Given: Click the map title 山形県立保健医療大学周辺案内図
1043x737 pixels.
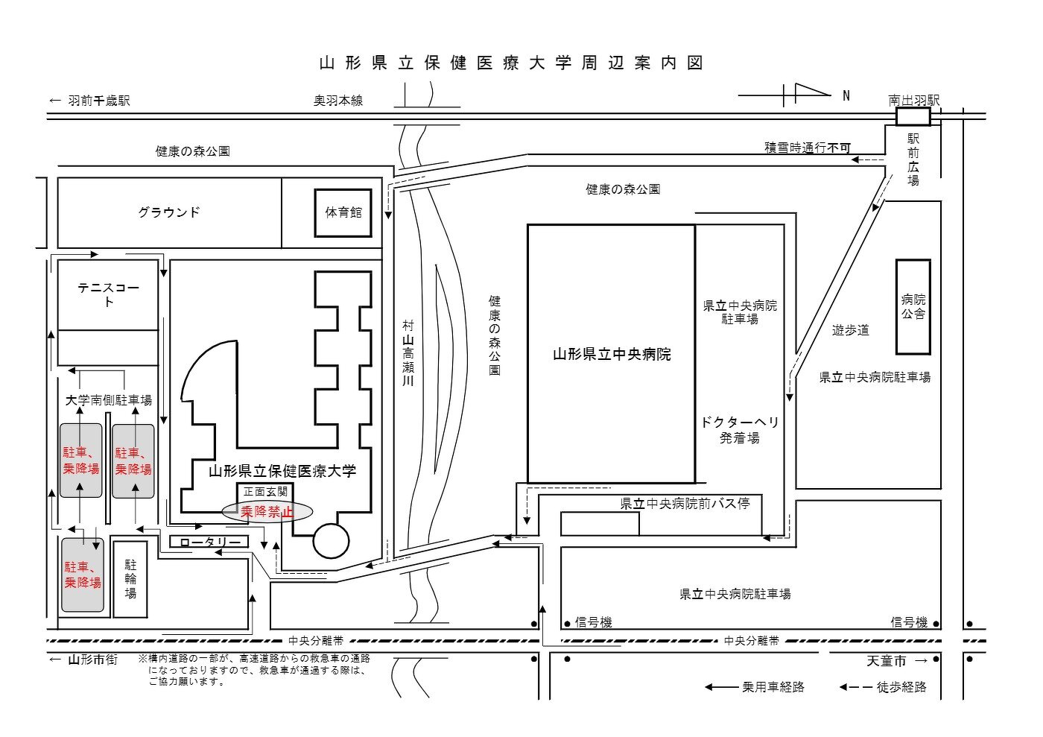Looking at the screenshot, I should point(511,63).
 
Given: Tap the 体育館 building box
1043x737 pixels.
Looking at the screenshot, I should point(343,212).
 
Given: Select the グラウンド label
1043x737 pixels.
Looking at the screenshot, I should point(169,212).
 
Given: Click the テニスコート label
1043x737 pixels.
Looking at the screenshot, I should point(109,294).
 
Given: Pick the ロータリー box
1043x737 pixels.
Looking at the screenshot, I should point(209,542).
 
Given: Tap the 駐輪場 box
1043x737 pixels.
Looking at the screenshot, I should point(130,579).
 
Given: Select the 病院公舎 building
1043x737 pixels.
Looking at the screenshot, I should point(913,307).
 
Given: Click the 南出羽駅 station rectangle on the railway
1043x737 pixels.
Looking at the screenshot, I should point(913,116).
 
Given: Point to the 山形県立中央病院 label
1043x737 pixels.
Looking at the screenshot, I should point(611,355).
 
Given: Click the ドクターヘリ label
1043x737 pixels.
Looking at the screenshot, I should point(740,422).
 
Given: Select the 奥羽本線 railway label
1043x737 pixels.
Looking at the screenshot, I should point(337,101).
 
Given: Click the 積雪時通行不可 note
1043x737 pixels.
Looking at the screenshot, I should point(807,148).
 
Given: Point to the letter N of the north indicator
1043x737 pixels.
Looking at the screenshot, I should point(846,95).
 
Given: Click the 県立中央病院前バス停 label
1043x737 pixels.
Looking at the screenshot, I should point(685,504).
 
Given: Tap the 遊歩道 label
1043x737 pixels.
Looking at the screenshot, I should point(850,330).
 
